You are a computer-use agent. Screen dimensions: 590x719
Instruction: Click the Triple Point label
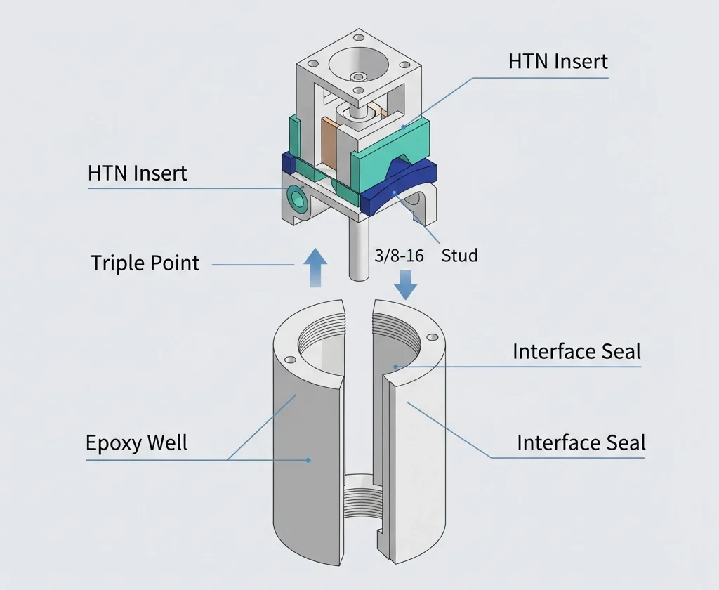tap(145, 263)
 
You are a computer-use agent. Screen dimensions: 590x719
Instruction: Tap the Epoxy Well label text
tap(136, 443)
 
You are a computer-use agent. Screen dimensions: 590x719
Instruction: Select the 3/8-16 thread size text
tap(399, 256)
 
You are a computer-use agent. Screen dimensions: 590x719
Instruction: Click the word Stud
tap(459, 256)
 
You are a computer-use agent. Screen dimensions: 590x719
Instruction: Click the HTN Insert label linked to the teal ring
tap(138, 173)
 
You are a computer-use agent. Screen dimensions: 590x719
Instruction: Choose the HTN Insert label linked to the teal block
tap(558, 61)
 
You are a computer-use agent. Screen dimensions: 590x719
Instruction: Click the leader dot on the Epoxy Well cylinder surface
tap(308, 461)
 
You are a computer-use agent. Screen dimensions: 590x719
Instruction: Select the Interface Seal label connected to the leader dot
tap(576, 351)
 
